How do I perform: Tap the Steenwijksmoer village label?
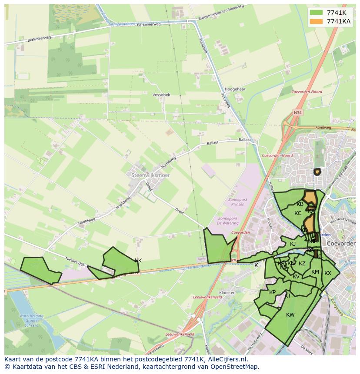tap(150, 175)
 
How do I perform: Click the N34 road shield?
tap(297, 113)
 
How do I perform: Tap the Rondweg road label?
tap(323, 128)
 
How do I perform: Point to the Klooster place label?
tap(227, 293)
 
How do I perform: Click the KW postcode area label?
tap(290, 315)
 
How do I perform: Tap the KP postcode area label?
tap(273, 292)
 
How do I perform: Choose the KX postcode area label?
tap(328, 273)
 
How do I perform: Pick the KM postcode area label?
tap(315, 272)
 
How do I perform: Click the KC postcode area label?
tap(298, 213)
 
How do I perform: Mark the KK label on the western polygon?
tap(138, 261)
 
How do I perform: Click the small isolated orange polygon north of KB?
tap(317, 172)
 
